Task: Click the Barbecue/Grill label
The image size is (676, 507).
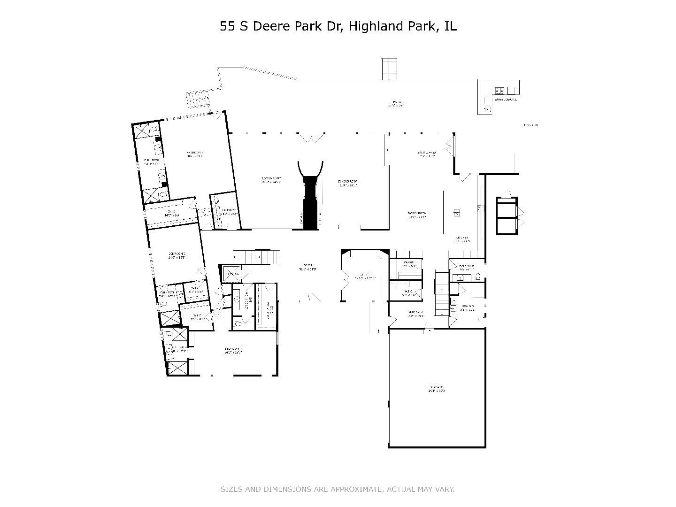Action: (x=505, y=100)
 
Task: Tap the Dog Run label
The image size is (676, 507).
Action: (x=530, y=125)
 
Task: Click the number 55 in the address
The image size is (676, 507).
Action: (x=228, y=26)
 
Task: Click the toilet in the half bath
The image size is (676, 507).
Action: (x=477, y=277)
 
